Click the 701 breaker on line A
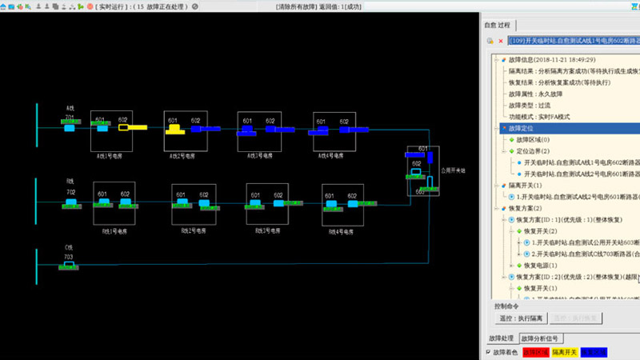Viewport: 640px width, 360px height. point(70,126)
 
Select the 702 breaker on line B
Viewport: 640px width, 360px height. point(70,202)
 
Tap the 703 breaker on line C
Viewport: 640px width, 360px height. point(70,265)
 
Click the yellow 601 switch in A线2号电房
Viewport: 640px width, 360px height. point(173,127)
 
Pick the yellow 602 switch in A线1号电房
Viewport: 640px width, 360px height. point(124,126)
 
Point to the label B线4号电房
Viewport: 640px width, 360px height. point(342,232)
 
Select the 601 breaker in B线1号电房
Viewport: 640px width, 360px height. point(102,202)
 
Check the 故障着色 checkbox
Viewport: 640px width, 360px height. point(489,352)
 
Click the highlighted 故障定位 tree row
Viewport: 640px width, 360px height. point(520,128)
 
